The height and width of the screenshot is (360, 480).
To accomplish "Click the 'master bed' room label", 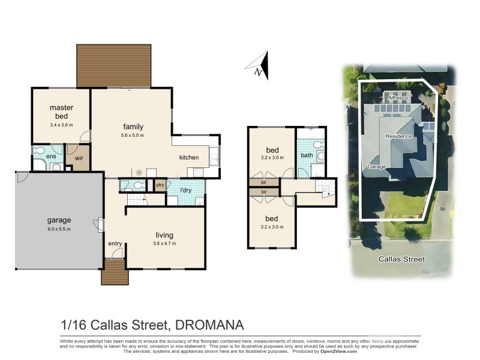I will [x=61, y=112].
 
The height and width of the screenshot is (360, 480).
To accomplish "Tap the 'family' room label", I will [x=133, y=127].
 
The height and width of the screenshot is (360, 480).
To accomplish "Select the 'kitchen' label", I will [x=188, y=157].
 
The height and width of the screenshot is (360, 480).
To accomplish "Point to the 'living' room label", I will [x=164, y=235].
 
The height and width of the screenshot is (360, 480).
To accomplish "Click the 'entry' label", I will [x=115, y=244].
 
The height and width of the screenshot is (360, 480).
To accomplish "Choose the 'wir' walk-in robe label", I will [x=78, y=158].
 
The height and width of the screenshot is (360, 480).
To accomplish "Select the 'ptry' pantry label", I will [x=160, y=185].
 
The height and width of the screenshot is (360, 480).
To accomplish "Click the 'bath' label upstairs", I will [x=307, y=155].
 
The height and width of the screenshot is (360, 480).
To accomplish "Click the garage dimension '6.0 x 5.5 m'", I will [x=59, y=229].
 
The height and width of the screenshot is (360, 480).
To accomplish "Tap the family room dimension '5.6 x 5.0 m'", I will [x=133, y=136].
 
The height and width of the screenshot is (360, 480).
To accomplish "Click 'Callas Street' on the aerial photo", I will [x=401, y=259].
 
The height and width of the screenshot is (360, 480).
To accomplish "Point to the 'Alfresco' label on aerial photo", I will [x=397, y=97].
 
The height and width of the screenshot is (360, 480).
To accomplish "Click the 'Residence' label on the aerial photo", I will [x=398, y=136].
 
